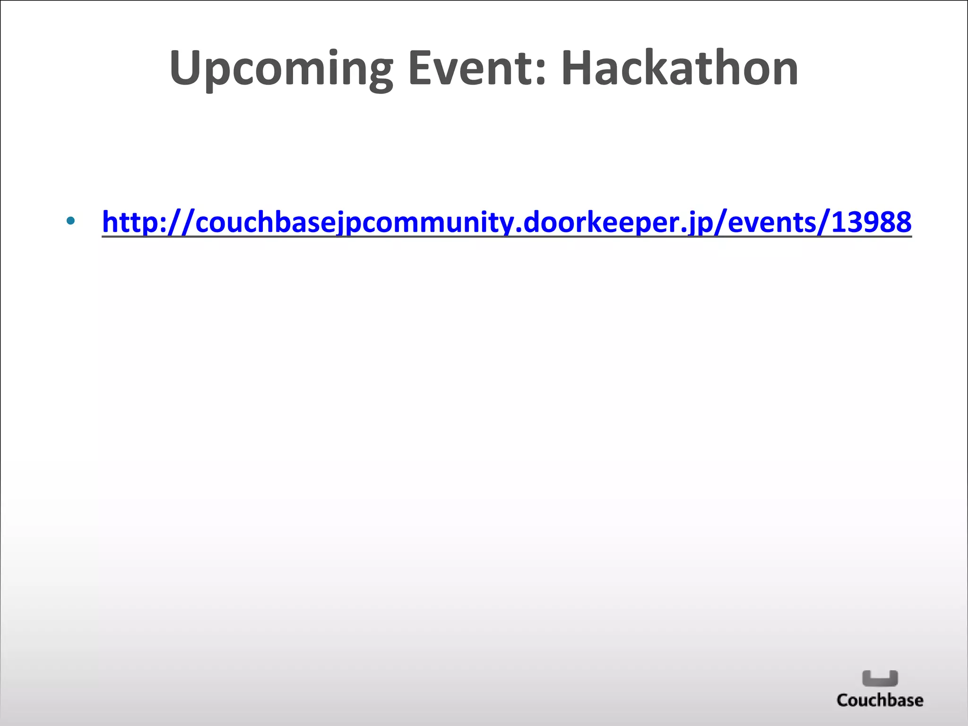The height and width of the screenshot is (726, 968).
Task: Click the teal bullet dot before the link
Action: (70, 220)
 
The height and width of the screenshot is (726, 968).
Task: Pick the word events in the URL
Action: (772, 222)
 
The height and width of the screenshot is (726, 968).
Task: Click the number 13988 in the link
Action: (871, 222)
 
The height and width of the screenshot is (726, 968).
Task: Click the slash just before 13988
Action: (823, 222)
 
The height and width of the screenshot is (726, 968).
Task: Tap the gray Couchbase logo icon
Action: (880, 678)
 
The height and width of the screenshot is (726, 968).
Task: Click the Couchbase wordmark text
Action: (880, 700)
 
